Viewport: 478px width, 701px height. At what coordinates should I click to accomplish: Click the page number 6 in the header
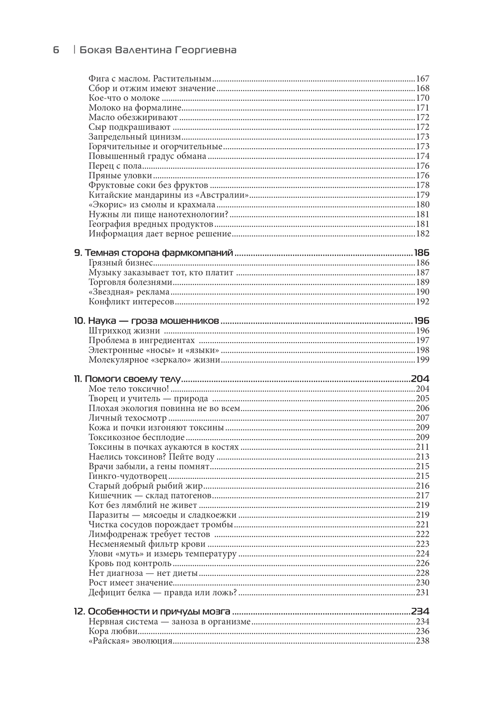click(x=56, y=50)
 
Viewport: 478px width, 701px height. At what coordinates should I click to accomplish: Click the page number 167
click(x=423, y=79)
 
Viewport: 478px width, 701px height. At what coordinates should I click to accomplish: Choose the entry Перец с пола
click(x=115, y=166)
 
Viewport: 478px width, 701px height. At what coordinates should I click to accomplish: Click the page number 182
click(x=423, y=234)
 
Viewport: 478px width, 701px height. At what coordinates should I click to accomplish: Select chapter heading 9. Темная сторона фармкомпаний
click(x=153, y=253)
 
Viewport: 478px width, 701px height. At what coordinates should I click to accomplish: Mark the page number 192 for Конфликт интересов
click(x=423, y=302)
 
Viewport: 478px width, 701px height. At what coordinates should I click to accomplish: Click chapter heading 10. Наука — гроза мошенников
click(x=146, y=321)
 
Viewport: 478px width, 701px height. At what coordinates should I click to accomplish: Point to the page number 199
click(x=423, y=360)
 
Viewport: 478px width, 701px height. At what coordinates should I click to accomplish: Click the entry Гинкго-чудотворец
click(x=128, y=476)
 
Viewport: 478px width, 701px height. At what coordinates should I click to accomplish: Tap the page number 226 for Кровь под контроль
click(x=423, y=563)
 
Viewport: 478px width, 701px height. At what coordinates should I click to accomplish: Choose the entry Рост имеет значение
click(x=130, y=583)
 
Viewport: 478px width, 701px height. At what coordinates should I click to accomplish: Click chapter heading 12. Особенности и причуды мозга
click(x=152, y=612)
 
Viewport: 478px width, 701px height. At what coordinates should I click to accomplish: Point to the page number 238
click(x=423, y=641)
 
